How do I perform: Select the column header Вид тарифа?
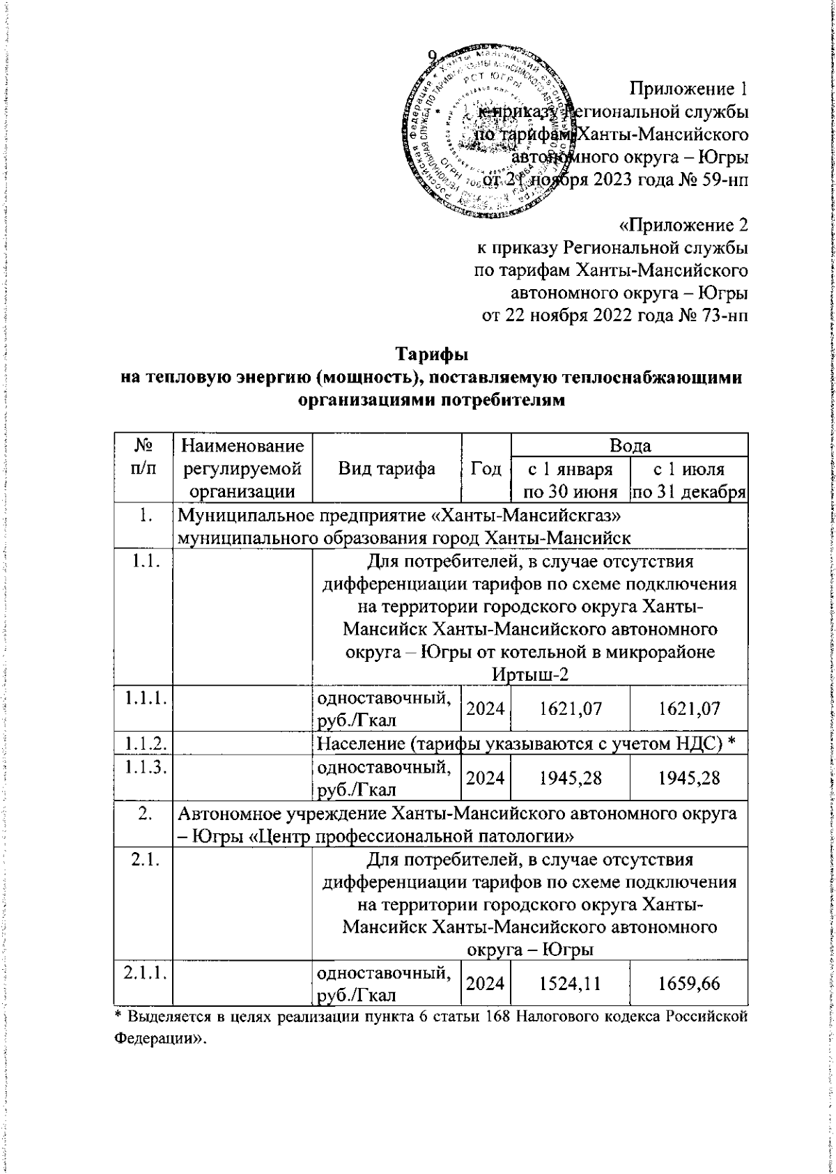pyautogui.click(x=397, y=468)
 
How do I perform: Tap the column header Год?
pyautogui.click(x=506, y=468)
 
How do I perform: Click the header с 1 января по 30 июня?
pyautogui.click(x=579, y=480)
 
